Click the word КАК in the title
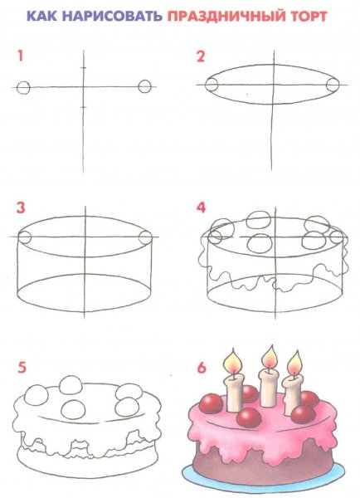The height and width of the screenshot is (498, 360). click(42, 16)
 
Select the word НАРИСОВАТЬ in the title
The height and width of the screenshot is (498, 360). click(112, 16)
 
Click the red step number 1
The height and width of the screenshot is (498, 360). click(20, 56)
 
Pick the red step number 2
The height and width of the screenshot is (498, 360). click(201, 56)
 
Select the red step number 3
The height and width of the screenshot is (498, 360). click(21, 207)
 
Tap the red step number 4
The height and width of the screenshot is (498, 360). click(201, 207)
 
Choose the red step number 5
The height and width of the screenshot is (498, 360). click(22, 368)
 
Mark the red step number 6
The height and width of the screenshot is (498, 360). click(202, 368)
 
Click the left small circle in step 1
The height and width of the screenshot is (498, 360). click(23, 88)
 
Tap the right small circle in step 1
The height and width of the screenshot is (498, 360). click(145, 86)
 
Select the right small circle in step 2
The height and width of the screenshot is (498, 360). click(333, 85)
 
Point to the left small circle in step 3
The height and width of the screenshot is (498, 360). click(25, 237)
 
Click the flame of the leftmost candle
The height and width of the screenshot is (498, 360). click(233, 360)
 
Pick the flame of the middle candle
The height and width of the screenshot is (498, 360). click(270, 357)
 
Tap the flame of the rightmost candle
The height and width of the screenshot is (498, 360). click(294, 363)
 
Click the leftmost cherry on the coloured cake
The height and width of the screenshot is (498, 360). click(212, 403)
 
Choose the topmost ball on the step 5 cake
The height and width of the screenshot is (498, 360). click(71, 385)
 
